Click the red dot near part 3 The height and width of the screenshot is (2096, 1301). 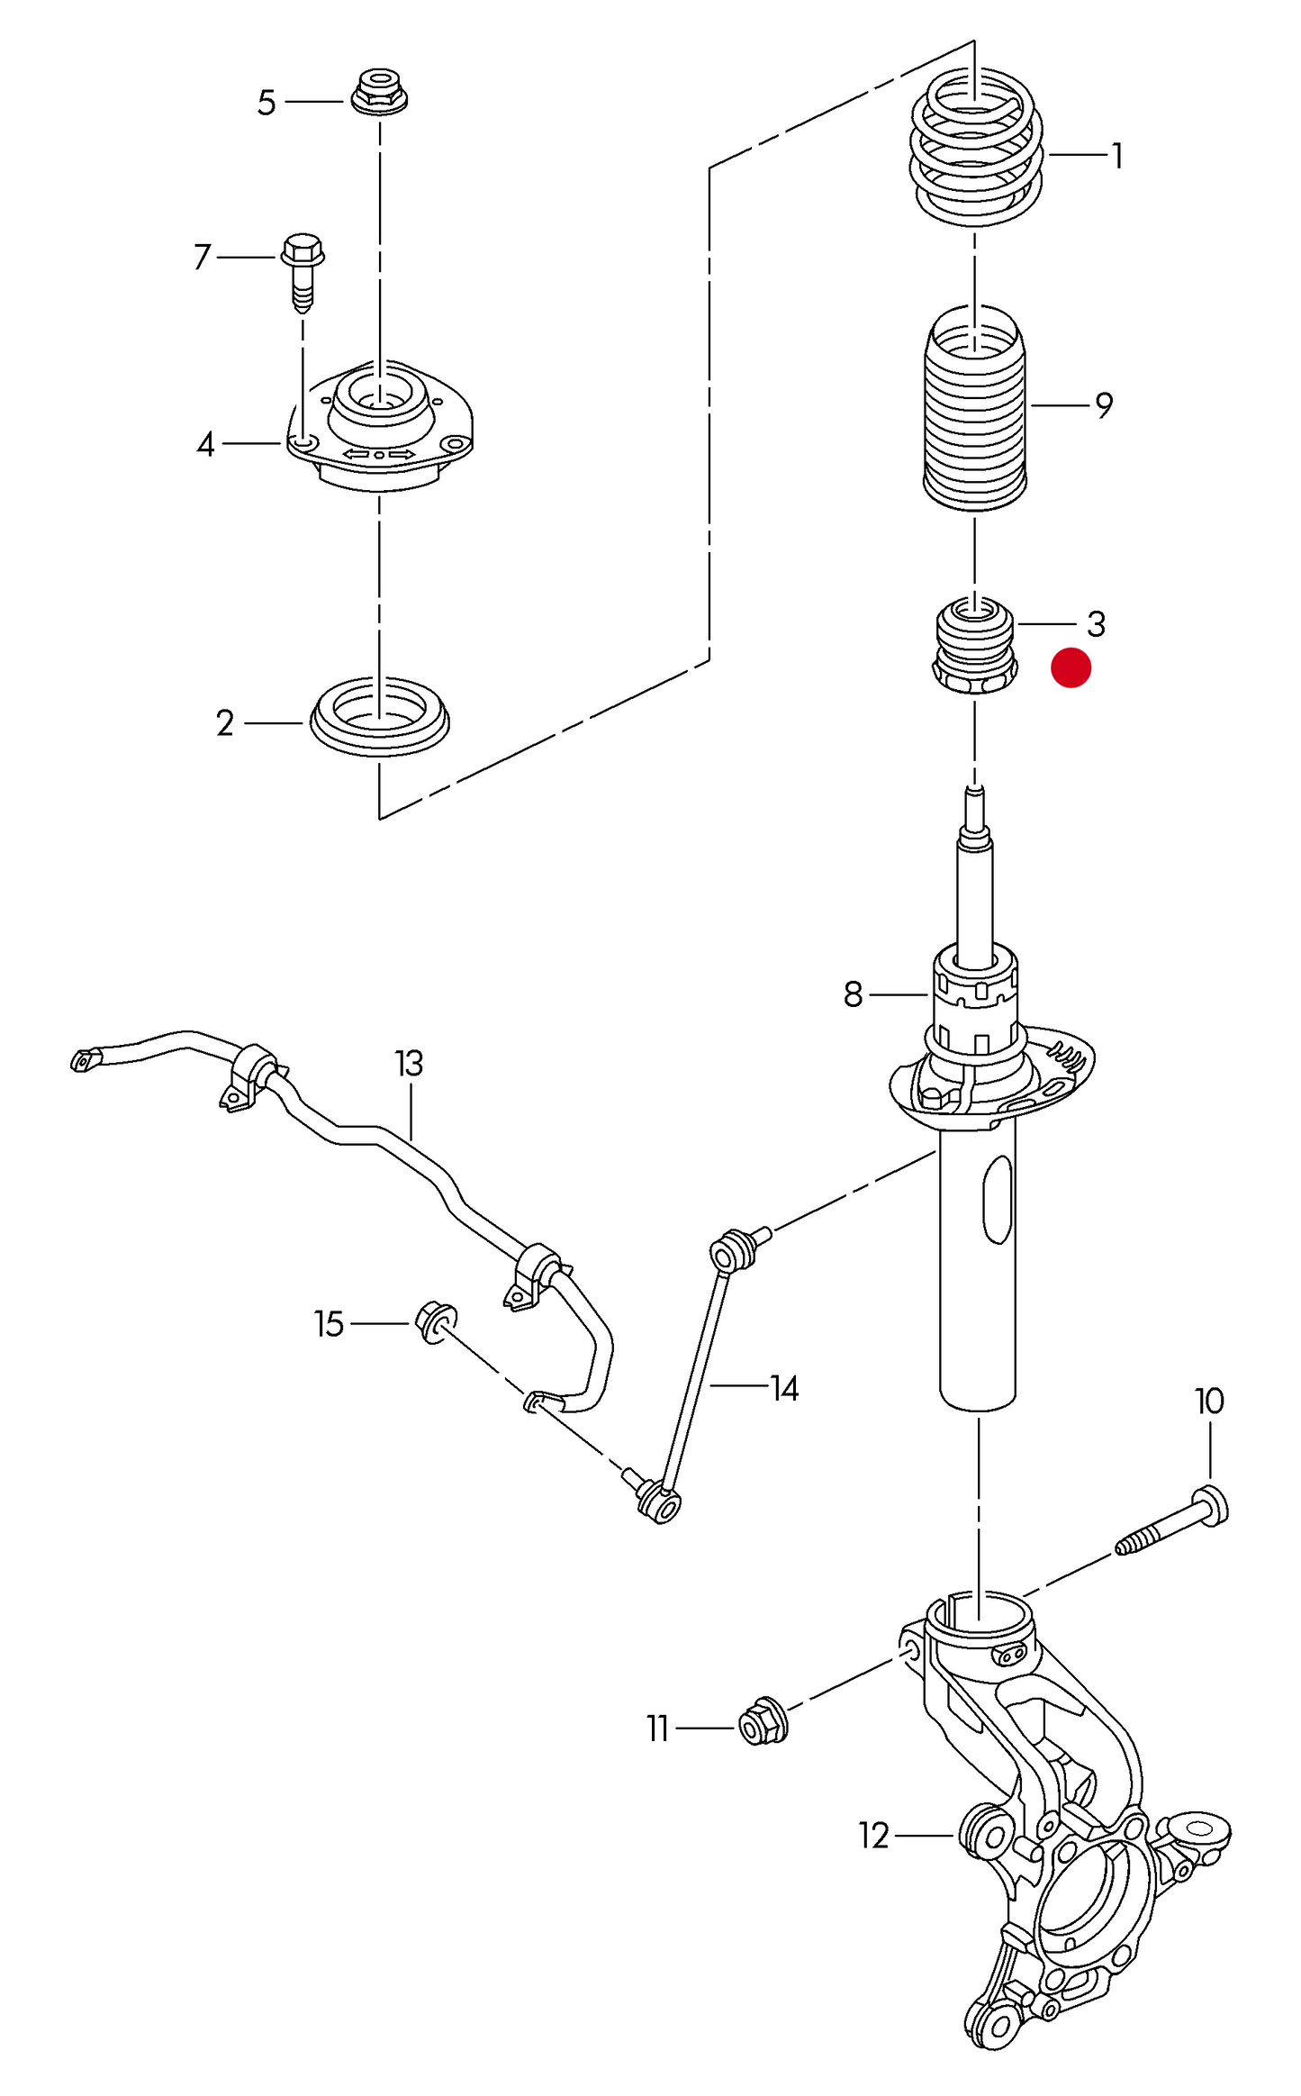(1071, 667)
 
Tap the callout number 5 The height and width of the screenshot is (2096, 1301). (266, 103)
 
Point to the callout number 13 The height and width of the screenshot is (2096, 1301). (409, 1064)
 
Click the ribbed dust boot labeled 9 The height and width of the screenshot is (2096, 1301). (976, 410)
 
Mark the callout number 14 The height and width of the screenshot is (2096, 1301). (784, 1389)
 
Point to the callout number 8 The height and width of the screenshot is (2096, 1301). (853, 994)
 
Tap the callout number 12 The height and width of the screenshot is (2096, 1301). (873, 1835)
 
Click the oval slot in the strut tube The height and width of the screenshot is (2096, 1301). (998, 1200)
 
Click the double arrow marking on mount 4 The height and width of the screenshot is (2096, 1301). (379, 455)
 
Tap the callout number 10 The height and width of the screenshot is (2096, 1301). (1209, 1402)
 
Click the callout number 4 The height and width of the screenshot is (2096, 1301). (206, 444)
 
